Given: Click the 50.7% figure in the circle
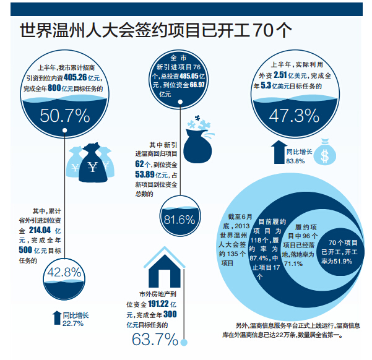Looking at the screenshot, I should [66, 116].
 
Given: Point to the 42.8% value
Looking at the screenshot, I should [64, 273].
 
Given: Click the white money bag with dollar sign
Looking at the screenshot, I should [323, 153].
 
